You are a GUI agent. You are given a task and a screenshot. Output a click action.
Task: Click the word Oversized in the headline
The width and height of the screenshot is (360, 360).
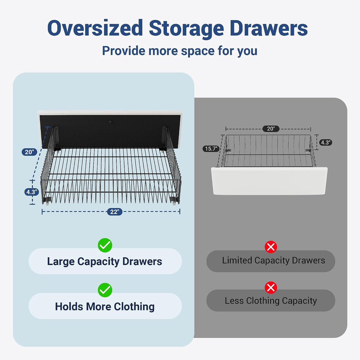point(95,28)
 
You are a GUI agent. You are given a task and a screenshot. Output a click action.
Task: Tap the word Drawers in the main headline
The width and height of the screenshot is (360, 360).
point(269,28)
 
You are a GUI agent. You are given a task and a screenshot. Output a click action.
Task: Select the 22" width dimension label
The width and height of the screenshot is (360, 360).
point(115,212)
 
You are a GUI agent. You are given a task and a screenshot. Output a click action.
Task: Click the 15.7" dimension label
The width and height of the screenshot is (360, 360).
point(211,149)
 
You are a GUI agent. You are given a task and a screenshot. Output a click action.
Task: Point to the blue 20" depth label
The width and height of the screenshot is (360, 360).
point(30,152)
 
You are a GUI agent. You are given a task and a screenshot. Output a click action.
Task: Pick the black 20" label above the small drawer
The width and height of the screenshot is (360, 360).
point(271,129)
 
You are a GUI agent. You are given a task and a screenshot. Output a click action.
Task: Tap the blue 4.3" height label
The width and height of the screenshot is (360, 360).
point(32,192)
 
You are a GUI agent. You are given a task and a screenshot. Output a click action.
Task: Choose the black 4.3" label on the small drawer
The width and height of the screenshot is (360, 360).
point(326,142)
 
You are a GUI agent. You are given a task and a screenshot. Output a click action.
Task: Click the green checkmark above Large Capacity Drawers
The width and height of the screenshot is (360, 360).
point(105,245)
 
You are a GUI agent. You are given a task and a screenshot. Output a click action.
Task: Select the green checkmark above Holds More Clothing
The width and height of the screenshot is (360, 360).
point(105,290)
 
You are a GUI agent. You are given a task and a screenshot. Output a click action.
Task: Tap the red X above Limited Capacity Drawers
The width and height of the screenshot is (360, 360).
point(271,247)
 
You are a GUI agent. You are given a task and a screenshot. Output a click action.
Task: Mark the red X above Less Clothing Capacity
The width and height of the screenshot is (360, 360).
point(271,288)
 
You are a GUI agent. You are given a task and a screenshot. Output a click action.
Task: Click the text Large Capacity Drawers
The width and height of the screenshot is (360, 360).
point(105,262)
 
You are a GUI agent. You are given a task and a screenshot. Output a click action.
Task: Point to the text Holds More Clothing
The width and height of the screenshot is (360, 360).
point(105,307)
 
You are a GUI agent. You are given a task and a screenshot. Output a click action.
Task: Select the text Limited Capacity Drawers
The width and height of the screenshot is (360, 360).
point(274,261)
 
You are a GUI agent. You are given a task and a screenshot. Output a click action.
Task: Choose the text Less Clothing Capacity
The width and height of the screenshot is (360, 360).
point(271,301)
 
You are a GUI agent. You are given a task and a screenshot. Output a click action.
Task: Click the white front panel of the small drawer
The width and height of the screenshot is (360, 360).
point(269,181)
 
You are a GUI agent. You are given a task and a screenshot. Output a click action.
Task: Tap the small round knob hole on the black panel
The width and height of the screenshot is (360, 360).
point(110,122)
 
